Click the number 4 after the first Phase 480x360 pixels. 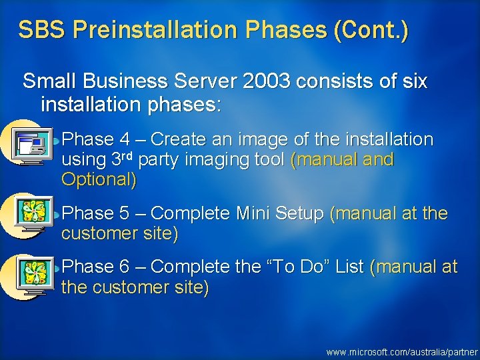click(125, 140)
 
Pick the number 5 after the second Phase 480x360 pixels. click(125, 213)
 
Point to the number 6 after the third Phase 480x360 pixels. click(125, 267)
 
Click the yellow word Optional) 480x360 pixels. click(99, 179)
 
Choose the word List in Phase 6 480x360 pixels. click(349, 267)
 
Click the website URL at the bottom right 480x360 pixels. click(402, 351)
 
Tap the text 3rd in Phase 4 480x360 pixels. click(121, 160)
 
